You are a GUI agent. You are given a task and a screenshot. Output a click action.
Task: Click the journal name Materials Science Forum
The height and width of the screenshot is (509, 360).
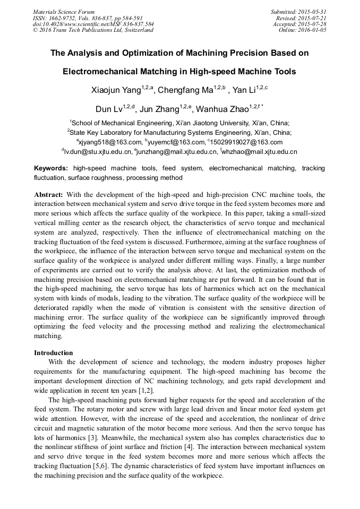click(64, 12)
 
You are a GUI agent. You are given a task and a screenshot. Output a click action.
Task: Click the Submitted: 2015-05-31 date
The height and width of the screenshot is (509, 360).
click(298, 12)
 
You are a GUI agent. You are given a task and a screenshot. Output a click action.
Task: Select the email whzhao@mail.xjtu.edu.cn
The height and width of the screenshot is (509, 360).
click(260, 152)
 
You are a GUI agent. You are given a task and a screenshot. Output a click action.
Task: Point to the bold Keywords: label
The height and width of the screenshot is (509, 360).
click(51, 168)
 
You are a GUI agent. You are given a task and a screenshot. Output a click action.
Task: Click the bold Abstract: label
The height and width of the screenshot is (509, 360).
click(48, 195)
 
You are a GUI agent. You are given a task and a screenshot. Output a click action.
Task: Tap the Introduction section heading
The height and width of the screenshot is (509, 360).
click(54, 352)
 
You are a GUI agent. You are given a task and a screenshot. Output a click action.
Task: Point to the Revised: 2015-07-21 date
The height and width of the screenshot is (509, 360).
click(301, 18)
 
